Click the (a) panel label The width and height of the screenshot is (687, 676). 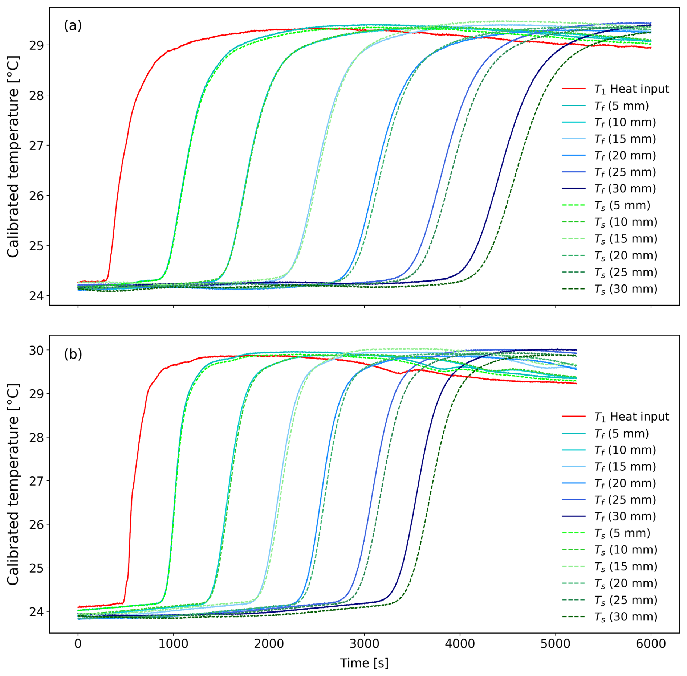(73, 26)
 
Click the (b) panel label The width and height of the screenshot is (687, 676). (73, 354)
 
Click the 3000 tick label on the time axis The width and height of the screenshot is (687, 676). (364, 644)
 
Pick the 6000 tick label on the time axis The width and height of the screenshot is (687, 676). (651, 644)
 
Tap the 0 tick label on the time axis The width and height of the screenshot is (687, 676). (78, 644)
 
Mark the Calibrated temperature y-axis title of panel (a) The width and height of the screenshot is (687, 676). (13, 157)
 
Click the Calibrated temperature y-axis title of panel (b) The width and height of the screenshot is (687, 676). (13, 484)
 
